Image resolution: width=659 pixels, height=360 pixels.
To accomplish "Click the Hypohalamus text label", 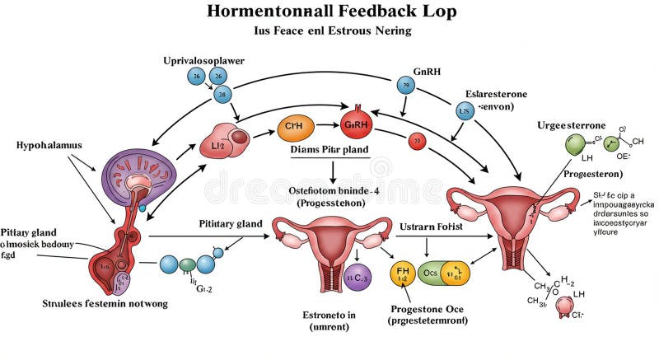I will [49, 144].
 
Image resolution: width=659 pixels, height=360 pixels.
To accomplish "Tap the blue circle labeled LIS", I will [465, 110].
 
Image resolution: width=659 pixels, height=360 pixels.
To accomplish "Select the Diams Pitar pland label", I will [329, 151].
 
